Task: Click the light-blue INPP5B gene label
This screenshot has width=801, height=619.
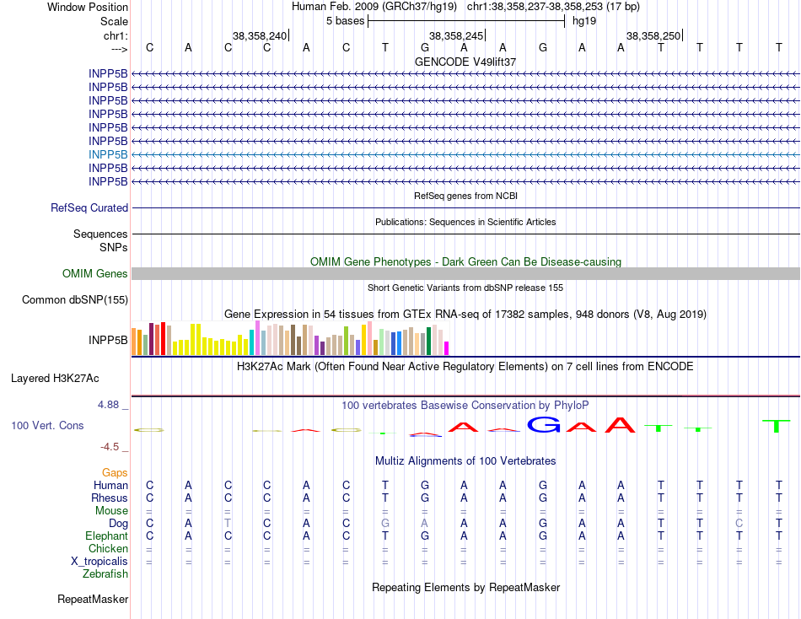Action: (x=108, y=154)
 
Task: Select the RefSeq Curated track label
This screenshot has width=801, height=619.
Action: (x=89, y=207)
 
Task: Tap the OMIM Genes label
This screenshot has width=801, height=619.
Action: (x=95, y=273)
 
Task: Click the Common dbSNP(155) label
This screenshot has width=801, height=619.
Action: (x=75, y=299)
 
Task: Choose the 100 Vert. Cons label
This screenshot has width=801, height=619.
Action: (x=47, y=425)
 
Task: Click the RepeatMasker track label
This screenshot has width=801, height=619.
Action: (x=93, y=599)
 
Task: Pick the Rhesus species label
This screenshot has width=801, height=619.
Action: (x=109, y=498)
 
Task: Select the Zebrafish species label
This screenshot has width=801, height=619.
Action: (x=105, y=573)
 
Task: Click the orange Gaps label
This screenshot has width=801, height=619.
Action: (x=115, y=472)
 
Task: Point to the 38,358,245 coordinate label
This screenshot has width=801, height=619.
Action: (x=456, y=35)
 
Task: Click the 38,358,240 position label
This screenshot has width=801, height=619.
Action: (x=260, y=35)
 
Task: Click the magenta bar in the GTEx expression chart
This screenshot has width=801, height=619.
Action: (x=447, y=347)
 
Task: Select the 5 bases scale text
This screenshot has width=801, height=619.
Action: (x=344, y=20)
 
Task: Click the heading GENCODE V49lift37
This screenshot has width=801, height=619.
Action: (x=465, y=62)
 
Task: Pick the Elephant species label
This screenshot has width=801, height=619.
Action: (x=106, y=536)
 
